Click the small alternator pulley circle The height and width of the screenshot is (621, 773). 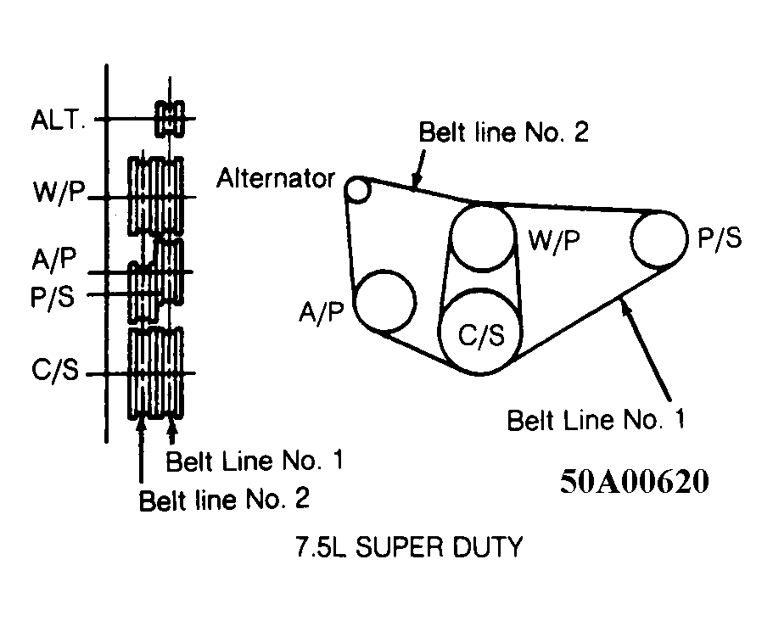point(358,190)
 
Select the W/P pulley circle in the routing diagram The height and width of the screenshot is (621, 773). point(482,238)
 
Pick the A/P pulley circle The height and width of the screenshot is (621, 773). point(384,300)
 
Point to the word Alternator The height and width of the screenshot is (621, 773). point(275,180)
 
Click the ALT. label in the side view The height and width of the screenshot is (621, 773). point(59,120)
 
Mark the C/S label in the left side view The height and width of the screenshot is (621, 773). point(55,372)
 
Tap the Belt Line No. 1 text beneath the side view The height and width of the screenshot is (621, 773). point(255,462)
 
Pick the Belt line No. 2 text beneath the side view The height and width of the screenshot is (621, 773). point(224,499)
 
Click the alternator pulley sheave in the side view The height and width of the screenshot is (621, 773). point(170,119)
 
